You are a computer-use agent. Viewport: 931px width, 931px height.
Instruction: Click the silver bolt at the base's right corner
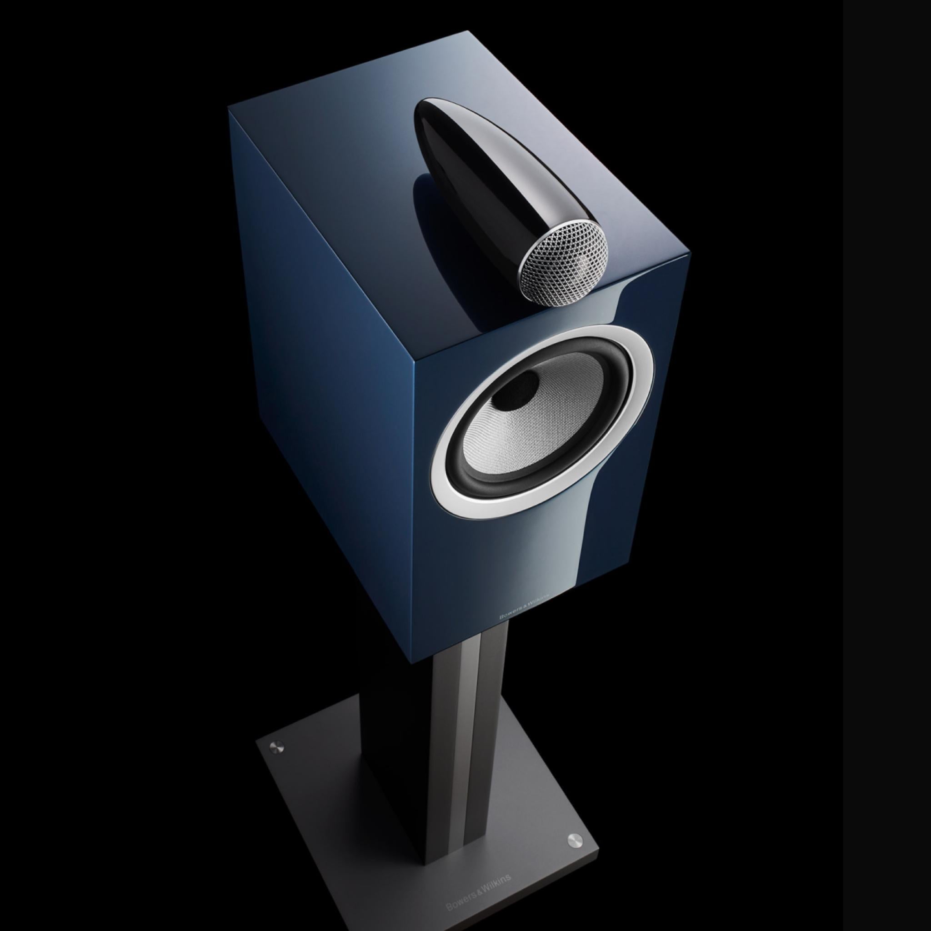(575, 812)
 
